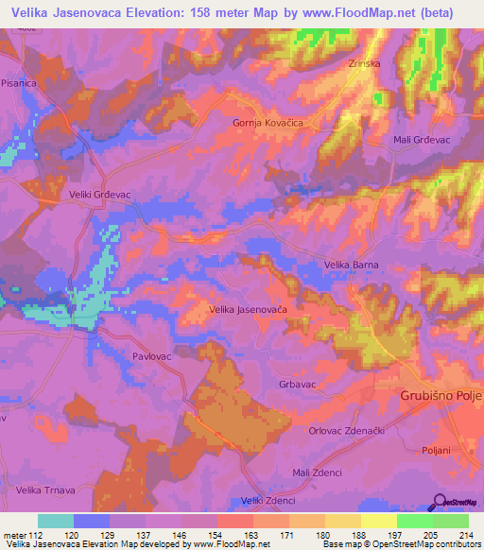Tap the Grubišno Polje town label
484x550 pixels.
pos(441,394)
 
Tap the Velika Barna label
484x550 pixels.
pos(352,265)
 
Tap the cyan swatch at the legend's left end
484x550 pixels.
pos(56,521)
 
